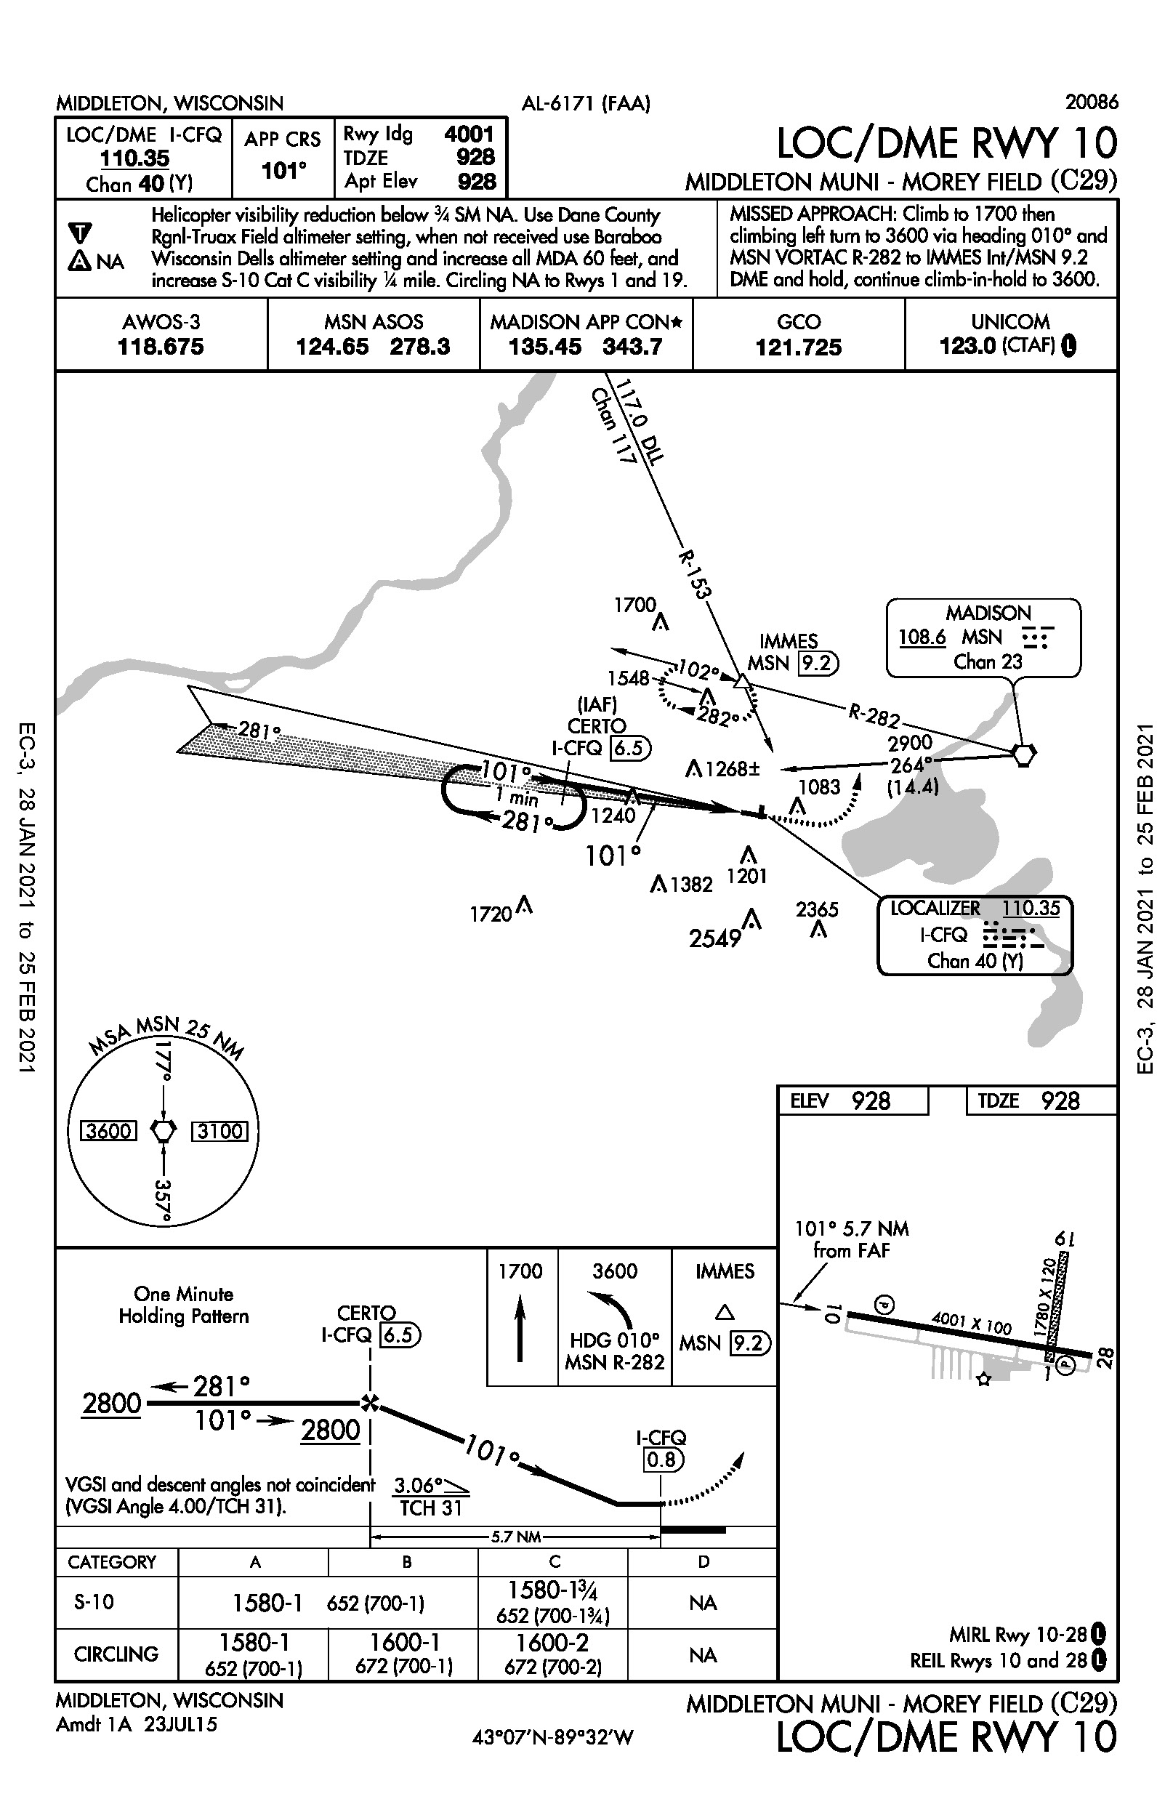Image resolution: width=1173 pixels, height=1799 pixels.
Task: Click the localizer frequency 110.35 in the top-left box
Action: (134, 158)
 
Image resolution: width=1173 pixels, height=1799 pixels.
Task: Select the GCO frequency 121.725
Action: (798, 347)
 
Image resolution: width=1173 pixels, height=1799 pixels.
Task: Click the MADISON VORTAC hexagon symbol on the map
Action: (1023, 754)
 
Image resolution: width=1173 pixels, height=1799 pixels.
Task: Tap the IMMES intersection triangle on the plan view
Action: (743, 683)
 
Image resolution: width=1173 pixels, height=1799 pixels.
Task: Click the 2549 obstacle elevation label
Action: (714, 939)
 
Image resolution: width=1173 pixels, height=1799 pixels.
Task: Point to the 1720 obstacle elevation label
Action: (491, 914)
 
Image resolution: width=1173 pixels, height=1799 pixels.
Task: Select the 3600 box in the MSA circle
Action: (109, 1132)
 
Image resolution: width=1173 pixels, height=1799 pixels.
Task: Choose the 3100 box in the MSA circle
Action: (219, 1132)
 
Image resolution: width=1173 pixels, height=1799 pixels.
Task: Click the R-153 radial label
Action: (694, 574)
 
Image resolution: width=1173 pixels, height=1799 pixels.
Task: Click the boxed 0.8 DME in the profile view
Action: (661, 1460)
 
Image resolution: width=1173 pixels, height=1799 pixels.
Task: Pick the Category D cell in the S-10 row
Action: (702, 1603)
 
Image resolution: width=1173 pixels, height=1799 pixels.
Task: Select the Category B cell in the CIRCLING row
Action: (403, 1654)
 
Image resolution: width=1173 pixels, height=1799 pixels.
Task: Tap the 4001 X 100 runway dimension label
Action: (971, 1324)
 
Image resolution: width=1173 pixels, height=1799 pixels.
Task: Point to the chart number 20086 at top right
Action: (1092, 102)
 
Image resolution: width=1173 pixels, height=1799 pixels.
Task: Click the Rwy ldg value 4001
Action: (469, 134)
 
